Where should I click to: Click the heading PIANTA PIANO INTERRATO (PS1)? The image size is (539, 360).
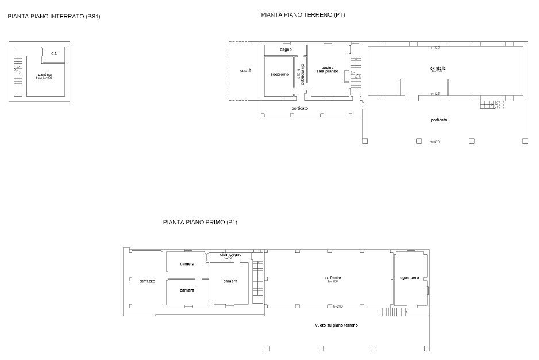click(54, 17)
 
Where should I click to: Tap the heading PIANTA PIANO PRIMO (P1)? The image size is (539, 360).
click(201, 221)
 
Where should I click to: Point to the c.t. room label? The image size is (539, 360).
click(53, 53)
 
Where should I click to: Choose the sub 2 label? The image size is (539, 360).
click(245, 70)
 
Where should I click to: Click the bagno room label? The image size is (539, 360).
click(286, 49)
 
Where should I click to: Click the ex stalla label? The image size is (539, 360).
click(437, 68)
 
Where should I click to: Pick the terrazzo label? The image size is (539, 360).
click(147, 281)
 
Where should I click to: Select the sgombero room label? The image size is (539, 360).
click(410, 278)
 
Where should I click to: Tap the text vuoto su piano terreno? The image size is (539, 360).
click(337, 325)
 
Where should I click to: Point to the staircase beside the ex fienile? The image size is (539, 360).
click(257, 282)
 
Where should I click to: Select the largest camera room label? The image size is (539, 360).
click(230, 281)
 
